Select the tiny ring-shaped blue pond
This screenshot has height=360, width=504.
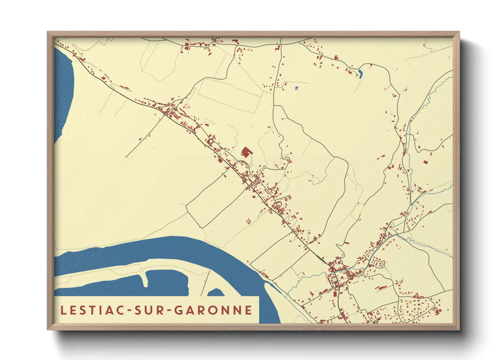coord(297,88)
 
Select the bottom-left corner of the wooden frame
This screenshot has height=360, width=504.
coord(48,329)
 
